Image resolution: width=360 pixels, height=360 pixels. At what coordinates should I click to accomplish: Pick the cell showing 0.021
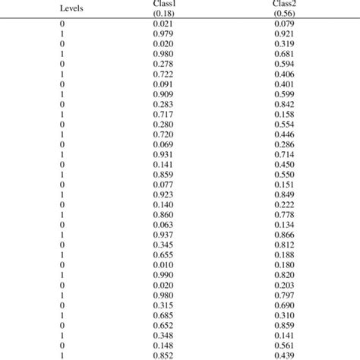(163, 26)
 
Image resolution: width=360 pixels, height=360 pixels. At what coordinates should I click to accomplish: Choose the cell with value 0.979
(163, 35)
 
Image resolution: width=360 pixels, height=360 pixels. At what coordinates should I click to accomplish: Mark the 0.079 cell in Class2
(285, 26)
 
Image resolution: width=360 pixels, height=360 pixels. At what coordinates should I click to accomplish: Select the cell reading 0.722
(163, 74)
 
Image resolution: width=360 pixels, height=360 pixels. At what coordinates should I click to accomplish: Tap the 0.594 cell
(285, 64)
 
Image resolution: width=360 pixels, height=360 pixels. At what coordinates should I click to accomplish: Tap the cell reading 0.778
(285, 215)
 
